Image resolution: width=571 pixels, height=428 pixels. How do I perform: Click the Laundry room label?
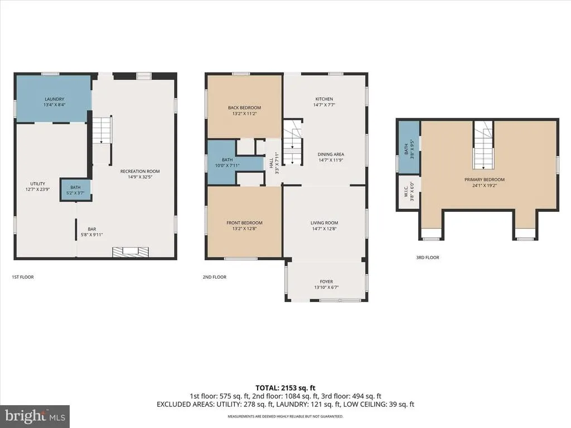coord(54,102)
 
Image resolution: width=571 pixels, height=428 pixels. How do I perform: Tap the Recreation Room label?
coord(140,174)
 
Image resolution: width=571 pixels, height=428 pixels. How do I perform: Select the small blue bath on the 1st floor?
coord(75,189)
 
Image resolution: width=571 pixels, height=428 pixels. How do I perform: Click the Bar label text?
coord(92,232)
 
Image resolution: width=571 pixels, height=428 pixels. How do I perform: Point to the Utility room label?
coord(37,186)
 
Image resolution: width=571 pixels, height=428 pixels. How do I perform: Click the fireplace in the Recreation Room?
coord(130,252)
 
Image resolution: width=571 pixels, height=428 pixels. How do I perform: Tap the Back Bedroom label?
coord(244,110)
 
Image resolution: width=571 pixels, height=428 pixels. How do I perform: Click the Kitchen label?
coord(324,101)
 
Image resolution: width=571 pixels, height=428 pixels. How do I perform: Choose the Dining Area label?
coord(331,157)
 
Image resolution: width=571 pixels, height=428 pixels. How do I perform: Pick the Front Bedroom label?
coord(244,226)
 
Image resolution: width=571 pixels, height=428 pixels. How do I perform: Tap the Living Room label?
coord(324,226)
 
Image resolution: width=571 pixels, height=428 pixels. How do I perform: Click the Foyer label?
coord(326,284)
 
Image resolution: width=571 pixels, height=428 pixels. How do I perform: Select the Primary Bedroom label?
coord(485,182)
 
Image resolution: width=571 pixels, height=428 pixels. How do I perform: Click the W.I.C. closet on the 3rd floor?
coord(409,192)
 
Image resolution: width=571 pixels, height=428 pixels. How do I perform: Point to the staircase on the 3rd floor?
coord(483,145)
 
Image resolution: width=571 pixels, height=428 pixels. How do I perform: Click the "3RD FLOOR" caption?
coord(428,257)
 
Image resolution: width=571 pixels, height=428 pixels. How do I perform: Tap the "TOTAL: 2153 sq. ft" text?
coord(285,388)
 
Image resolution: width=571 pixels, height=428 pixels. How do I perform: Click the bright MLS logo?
coord(35,416)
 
